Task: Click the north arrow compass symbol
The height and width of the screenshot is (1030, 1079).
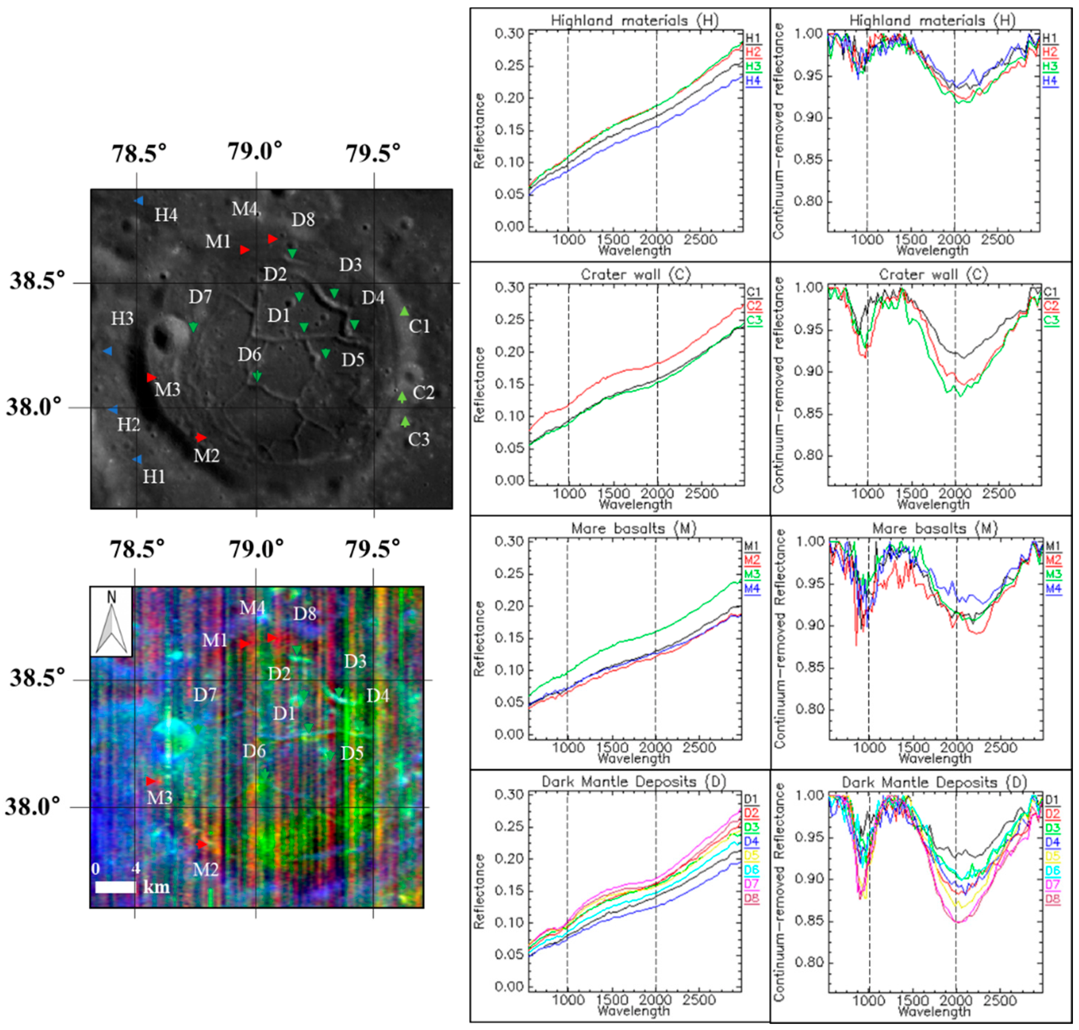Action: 112,621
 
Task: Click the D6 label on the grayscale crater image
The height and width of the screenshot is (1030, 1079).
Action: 249,355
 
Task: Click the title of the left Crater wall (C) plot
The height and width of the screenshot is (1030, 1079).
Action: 635,274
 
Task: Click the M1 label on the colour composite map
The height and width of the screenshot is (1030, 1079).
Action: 214,640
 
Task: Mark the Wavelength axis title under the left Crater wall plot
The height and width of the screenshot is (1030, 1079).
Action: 635,504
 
